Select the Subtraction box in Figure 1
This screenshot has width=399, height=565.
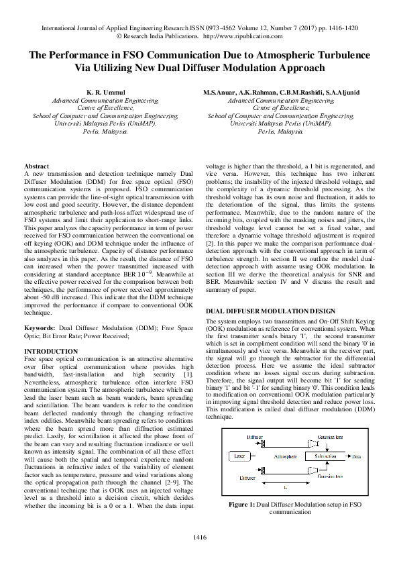point(327,456)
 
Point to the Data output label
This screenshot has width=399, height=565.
point(355,456)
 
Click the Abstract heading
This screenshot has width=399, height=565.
point(36,166)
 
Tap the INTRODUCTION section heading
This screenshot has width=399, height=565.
point(51,352)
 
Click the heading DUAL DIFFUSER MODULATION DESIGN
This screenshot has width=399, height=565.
point(270,312)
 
